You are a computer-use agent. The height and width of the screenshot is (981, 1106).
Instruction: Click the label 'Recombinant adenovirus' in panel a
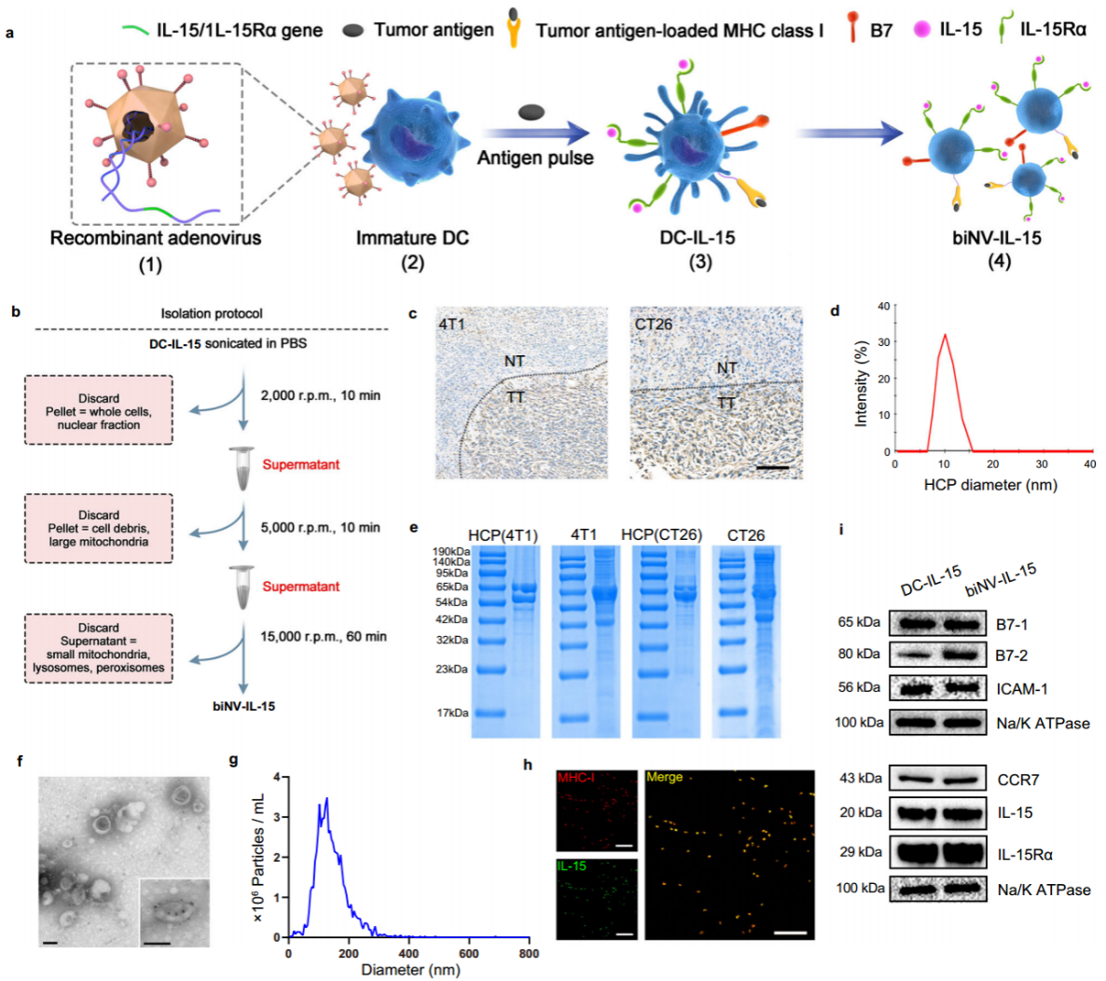(155, 238)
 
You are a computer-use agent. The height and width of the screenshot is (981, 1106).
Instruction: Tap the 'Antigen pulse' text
(535, 158)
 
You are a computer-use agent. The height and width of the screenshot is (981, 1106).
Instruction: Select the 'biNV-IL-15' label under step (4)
(996, 238)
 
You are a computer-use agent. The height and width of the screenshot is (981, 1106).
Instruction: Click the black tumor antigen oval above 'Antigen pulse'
(532, 113)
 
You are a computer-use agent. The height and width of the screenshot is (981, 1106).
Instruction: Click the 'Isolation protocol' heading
(212, 313)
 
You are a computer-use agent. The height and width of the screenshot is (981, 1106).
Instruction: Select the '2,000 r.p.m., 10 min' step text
(320, 395)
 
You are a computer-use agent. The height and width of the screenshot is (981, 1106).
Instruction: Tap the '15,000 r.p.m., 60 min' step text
(324, 636)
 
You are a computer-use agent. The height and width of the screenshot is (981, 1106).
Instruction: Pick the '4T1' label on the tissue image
(451, 325)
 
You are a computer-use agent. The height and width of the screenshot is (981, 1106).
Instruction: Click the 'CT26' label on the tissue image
(653, 325)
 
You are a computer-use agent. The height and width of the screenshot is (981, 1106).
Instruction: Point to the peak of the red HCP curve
(945, 335)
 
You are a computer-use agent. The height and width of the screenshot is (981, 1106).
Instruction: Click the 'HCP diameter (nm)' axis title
(990, 485)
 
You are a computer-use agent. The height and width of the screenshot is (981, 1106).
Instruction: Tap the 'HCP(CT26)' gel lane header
(661, 535)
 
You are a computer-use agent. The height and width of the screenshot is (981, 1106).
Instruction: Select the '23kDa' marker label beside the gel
(450, 670)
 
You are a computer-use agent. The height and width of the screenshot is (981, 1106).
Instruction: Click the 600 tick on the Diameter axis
(469, 954)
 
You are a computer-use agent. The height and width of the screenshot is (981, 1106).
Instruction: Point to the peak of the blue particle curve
(325, 799)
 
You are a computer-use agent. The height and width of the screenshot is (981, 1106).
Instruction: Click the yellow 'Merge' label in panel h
(664, 777)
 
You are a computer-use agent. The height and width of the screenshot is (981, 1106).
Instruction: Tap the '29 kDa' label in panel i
(860, 852)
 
